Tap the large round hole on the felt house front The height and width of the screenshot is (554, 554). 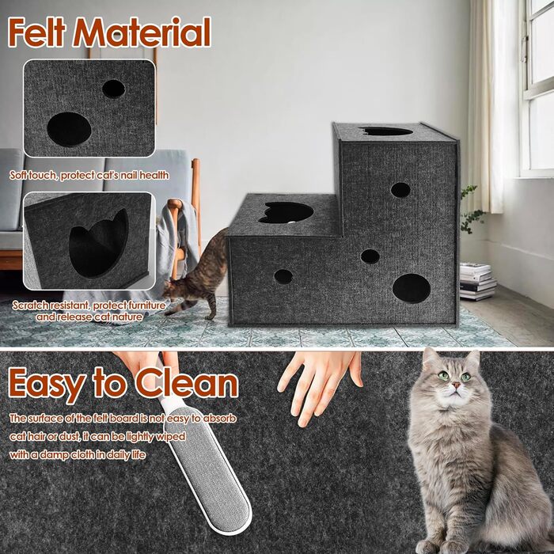[412, 288]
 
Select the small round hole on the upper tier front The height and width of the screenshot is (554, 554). [400, 190]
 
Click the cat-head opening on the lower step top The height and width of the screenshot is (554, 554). [286, 211]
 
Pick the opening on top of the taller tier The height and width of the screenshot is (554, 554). [386, 131]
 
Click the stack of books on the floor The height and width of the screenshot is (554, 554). [476, 281]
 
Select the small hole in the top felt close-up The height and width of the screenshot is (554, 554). [113, 89]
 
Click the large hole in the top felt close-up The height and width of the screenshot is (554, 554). [69, 129]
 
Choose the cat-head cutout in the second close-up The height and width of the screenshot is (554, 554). [97, 242]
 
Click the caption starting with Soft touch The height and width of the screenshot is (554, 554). [89, 175]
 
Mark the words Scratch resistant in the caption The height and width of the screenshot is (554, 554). [50, 305]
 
